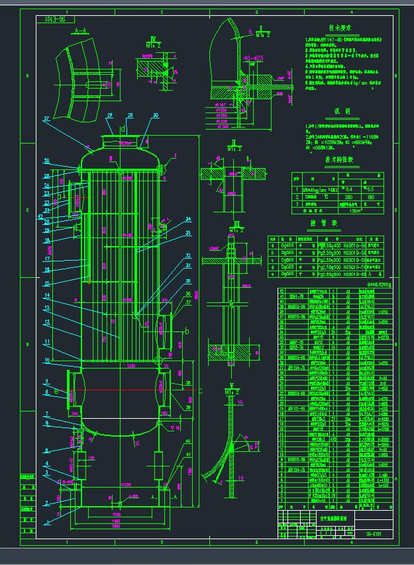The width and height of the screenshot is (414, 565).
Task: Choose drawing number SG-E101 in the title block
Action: pyautogui.click(x=375, y=533)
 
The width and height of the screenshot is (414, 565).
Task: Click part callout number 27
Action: pyautogui.click(x=46, y=119)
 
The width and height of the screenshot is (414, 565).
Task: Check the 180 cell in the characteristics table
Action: pyautogui.click(x=372, y=196)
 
